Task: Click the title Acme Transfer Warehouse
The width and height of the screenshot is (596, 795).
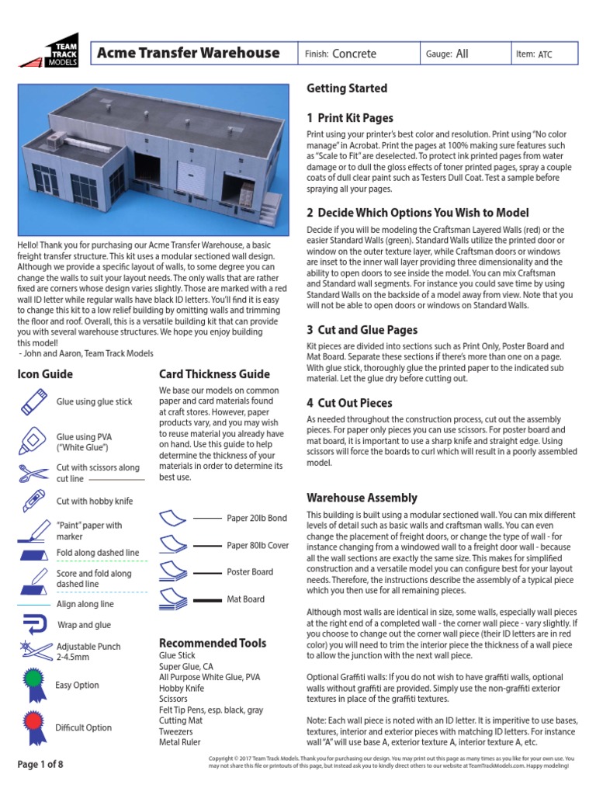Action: coord(188,53)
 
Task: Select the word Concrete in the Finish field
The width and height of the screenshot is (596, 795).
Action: coord(354,54)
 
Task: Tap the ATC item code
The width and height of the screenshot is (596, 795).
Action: coord(548,54)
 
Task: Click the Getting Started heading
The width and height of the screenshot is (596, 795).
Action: coord(346,89)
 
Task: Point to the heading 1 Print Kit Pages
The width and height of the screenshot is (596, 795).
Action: coord(349,118)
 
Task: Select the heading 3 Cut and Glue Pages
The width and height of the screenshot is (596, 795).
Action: coord(362,330)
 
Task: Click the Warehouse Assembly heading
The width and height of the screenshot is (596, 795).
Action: coord(362,498)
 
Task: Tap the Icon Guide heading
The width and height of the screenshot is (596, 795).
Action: coord(45,374)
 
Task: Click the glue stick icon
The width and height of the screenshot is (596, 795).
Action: coord(34,401)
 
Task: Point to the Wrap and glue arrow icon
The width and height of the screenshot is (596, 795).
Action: coord(33,623)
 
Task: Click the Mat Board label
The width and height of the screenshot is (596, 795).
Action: coord(245,599)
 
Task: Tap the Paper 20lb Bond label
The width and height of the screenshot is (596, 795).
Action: coord(257,518)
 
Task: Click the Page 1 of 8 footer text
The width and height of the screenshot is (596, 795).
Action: coord(40,765)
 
